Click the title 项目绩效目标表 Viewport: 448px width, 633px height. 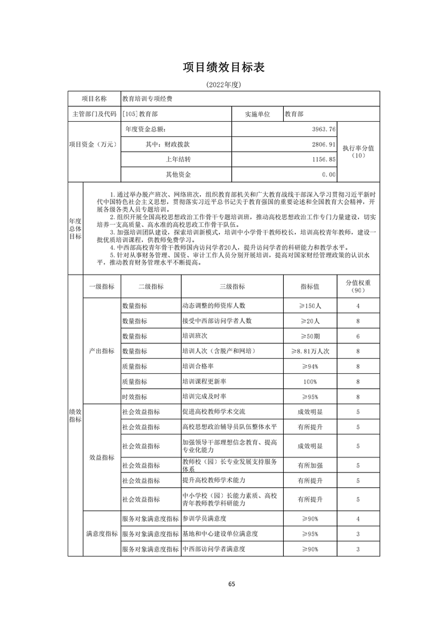click(x=223, y=67)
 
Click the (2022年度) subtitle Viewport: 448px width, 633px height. click(x=223, y=85)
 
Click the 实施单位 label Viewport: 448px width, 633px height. click(x=257, y=113)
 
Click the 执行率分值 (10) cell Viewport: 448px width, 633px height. click(x=358, y=152)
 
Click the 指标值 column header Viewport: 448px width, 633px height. click(x=310, y=287)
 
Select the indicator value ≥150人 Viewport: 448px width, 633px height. click(x=310, y=306)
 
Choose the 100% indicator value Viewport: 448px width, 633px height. click(x=310, y=382)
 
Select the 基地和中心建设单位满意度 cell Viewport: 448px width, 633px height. click(x=220, y=534)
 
